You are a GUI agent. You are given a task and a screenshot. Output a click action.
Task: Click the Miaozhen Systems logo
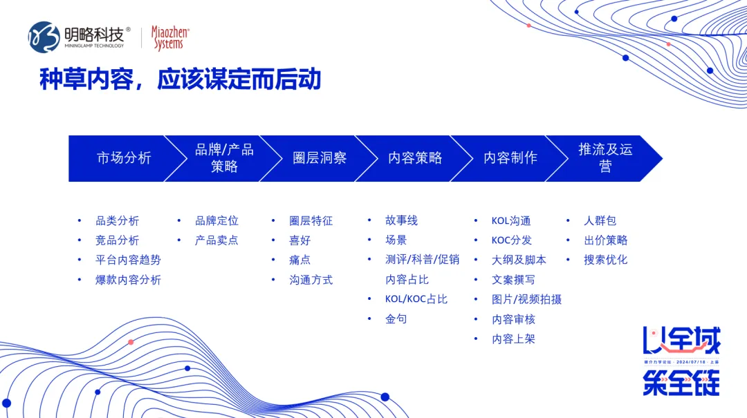click(x=169, y=38)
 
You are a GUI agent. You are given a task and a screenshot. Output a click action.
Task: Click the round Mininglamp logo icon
click(x=44, y=37)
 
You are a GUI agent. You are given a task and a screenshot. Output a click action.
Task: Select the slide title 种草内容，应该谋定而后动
click(x=180, y=79)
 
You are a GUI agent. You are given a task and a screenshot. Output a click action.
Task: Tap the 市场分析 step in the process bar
click(x=124, y=158)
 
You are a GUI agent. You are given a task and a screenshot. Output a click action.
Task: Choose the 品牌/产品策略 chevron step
click(x=224, y=158)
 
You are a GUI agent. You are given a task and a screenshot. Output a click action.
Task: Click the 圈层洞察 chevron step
click(x=319, y=158)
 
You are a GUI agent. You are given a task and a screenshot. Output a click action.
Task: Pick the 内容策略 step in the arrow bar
click(x=414, y=158)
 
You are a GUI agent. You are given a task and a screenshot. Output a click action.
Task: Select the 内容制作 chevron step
click(x=510, y=158)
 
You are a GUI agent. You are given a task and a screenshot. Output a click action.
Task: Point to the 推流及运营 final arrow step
click(x=605, y=158)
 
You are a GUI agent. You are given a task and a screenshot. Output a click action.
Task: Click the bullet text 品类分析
click(x=117, y=221)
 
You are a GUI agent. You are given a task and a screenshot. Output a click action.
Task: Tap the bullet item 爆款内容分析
click(x=128, y=280)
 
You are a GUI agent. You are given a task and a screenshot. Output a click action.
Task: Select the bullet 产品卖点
click(x=216, y=240)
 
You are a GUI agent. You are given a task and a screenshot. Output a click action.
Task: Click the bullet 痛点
click(x=299, y=260)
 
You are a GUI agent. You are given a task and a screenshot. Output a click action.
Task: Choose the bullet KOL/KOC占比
click(x=416, y=299)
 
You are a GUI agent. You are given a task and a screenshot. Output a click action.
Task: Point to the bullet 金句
click(x=396, y=319)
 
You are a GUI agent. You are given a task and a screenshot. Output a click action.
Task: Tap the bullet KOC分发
click(x=511, y=240)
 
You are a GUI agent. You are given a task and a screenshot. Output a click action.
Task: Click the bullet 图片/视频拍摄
click(x=526, y=299)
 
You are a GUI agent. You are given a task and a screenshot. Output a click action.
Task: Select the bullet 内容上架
click(x=513, y=339)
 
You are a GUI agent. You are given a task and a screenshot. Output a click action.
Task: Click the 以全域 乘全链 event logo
click(x=681, y=361)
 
